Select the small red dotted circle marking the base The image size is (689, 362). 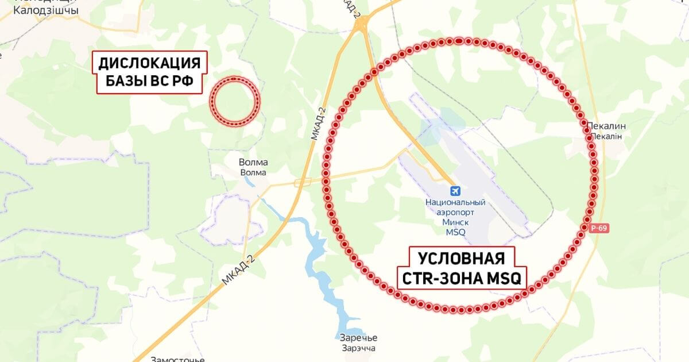[234, 100]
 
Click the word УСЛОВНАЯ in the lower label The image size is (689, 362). [461, 257]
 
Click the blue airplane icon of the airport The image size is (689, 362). [455, 191]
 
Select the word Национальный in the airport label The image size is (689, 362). [455, 202]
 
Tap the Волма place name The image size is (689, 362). [253, 163]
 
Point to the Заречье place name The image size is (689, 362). [357, 338]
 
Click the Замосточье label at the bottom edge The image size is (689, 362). [177, 359]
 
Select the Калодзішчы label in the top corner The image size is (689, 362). [46, 10]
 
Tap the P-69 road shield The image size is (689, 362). [598, 228]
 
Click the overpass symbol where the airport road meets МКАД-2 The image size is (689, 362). [303, 183]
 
